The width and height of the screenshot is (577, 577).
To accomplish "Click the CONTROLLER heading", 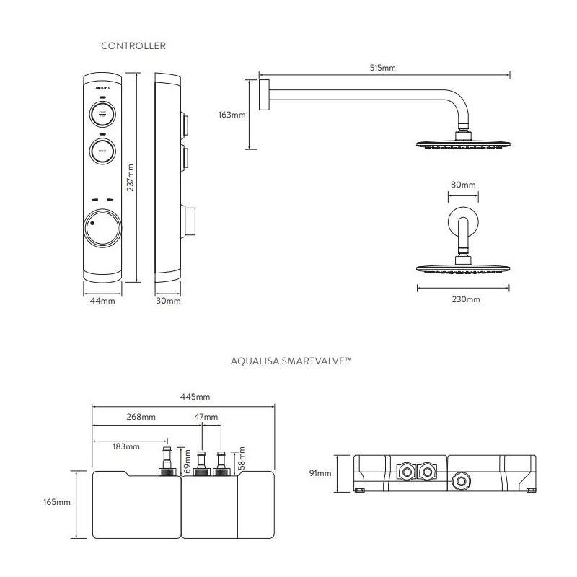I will [134, 45].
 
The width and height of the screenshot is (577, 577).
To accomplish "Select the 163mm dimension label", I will [232, 114].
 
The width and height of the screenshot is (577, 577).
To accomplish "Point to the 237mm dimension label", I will [131, 177].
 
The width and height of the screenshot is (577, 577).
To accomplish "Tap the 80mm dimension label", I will [463, 185].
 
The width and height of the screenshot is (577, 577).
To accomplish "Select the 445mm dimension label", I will [196, 397].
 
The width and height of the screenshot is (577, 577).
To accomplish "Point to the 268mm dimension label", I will [141, 417].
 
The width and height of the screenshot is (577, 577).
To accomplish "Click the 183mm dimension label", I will [126, 446].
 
